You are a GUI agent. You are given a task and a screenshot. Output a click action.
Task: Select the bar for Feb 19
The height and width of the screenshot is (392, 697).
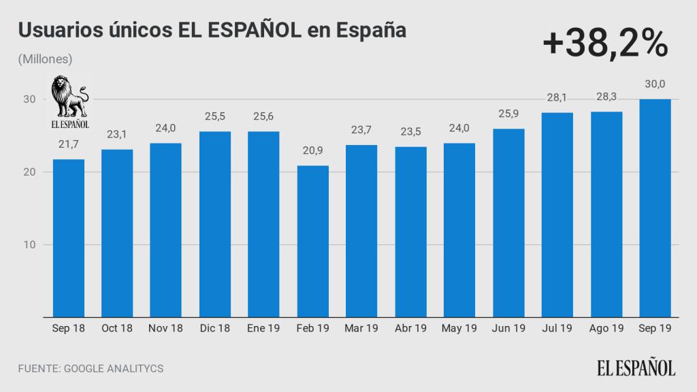(x=312, y=242)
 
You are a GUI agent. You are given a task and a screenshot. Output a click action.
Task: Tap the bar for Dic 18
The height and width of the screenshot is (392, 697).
(x=215, y=225)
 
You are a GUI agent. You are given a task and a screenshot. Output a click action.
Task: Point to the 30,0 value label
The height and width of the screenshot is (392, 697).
(x=655, y=84)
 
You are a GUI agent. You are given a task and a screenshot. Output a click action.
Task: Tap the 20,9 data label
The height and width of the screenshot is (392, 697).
(x=312, y=151)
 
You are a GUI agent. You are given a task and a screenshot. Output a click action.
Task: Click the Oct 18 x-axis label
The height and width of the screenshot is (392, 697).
(x=117, y=329)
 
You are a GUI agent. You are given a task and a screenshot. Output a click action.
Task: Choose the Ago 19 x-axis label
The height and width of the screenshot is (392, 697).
(x=606, y=329)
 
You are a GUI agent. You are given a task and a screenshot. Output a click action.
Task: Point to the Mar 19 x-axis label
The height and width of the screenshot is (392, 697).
(x=361, y=329)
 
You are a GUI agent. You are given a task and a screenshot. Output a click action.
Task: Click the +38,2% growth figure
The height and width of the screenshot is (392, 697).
(x=605, y=45)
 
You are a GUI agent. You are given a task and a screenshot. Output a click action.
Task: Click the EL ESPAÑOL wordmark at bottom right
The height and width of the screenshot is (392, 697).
(x=636, y=368)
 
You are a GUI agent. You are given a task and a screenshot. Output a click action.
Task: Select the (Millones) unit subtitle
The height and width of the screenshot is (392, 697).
(x=46, y=59)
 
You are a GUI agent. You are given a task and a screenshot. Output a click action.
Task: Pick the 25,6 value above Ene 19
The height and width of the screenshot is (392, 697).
(x=263, y=117)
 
